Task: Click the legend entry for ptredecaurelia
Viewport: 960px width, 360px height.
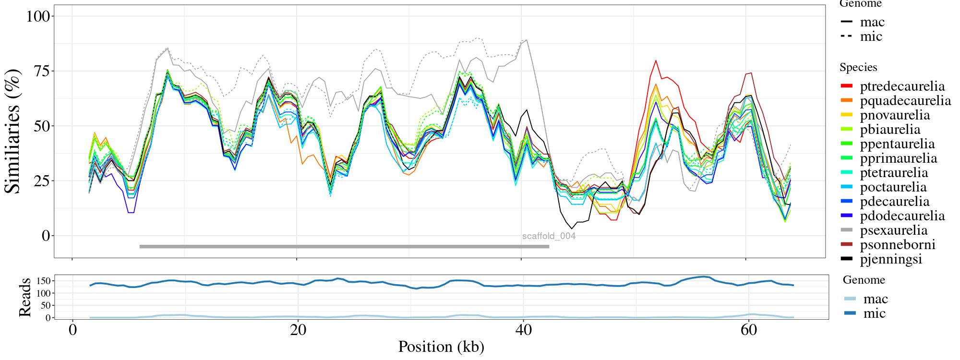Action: pos(902,86)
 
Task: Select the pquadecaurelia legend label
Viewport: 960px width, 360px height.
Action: pos(905,101)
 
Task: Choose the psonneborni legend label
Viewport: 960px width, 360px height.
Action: pos(898,245)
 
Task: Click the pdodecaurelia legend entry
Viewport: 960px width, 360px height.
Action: pos(902,216)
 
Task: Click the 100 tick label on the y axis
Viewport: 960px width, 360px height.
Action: pos(38,16)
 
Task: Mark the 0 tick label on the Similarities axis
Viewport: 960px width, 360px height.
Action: pos(46,236)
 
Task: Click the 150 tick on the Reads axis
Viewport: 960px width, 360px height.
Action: pos(43,280)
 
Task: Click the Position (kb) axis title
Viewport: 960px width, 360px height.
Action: pos(441,347)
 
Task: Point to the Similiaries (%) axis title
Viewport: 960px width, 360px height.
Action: pos(13,131)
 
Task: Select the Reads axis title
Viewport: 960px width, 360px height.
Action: pos(24,297)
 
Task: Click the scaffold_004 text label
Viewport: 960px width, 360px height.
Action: pos(549,236)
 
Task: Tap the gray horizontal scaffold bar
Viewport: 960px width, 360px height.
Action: pos(344,247)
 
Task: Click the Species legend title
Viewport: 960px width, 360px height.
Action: pos(858,68)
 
